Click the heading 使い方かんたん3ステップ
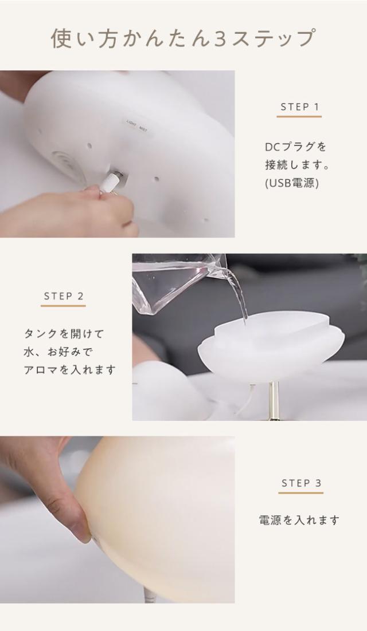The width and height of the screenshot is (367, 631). [x=183, y=38]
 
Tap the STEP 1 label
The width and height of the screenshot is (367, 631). [x=299, y=107]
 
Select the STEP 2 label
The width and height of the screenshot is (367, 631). [x=64, y=296]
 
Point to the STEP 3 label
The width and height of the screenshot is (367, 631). [x=301, y=483]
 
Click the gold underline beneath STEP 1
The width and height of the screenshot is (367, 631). [x=299, y=117]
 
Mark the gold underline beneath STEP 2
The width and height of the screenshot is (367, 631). [x=63, y=306]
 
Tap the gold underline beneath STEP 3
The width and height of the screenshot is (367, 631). [x=301, y=493]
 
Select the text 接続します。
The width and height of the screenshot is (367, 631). [x=298, y=165]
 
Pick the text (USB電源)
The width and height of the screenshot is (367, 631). [x=291, y=183]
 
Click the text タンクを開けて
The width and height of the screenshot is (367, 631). [x=64, y=333]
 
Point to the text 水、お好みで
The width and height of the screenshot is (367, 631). [x=58, y=351]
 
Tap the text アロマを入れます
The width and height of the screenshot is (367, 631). [x=69, y=369]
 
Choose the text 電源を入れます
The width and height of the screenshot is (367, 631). [x=299, y=520]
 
